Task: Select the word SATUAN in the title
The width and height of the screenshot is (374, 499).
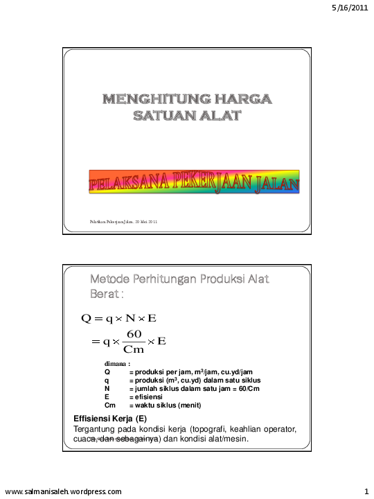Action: tap(160, 115)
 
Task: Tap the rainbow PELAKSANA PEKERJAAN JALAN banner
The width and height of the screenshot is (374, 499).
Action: tap(194, 183)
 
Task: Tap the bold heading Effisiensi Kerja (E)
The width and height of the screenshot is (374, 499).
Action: tap(109, 418)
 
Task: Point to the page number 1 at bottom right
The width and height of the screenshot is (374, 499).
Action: tap(366, 491)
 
